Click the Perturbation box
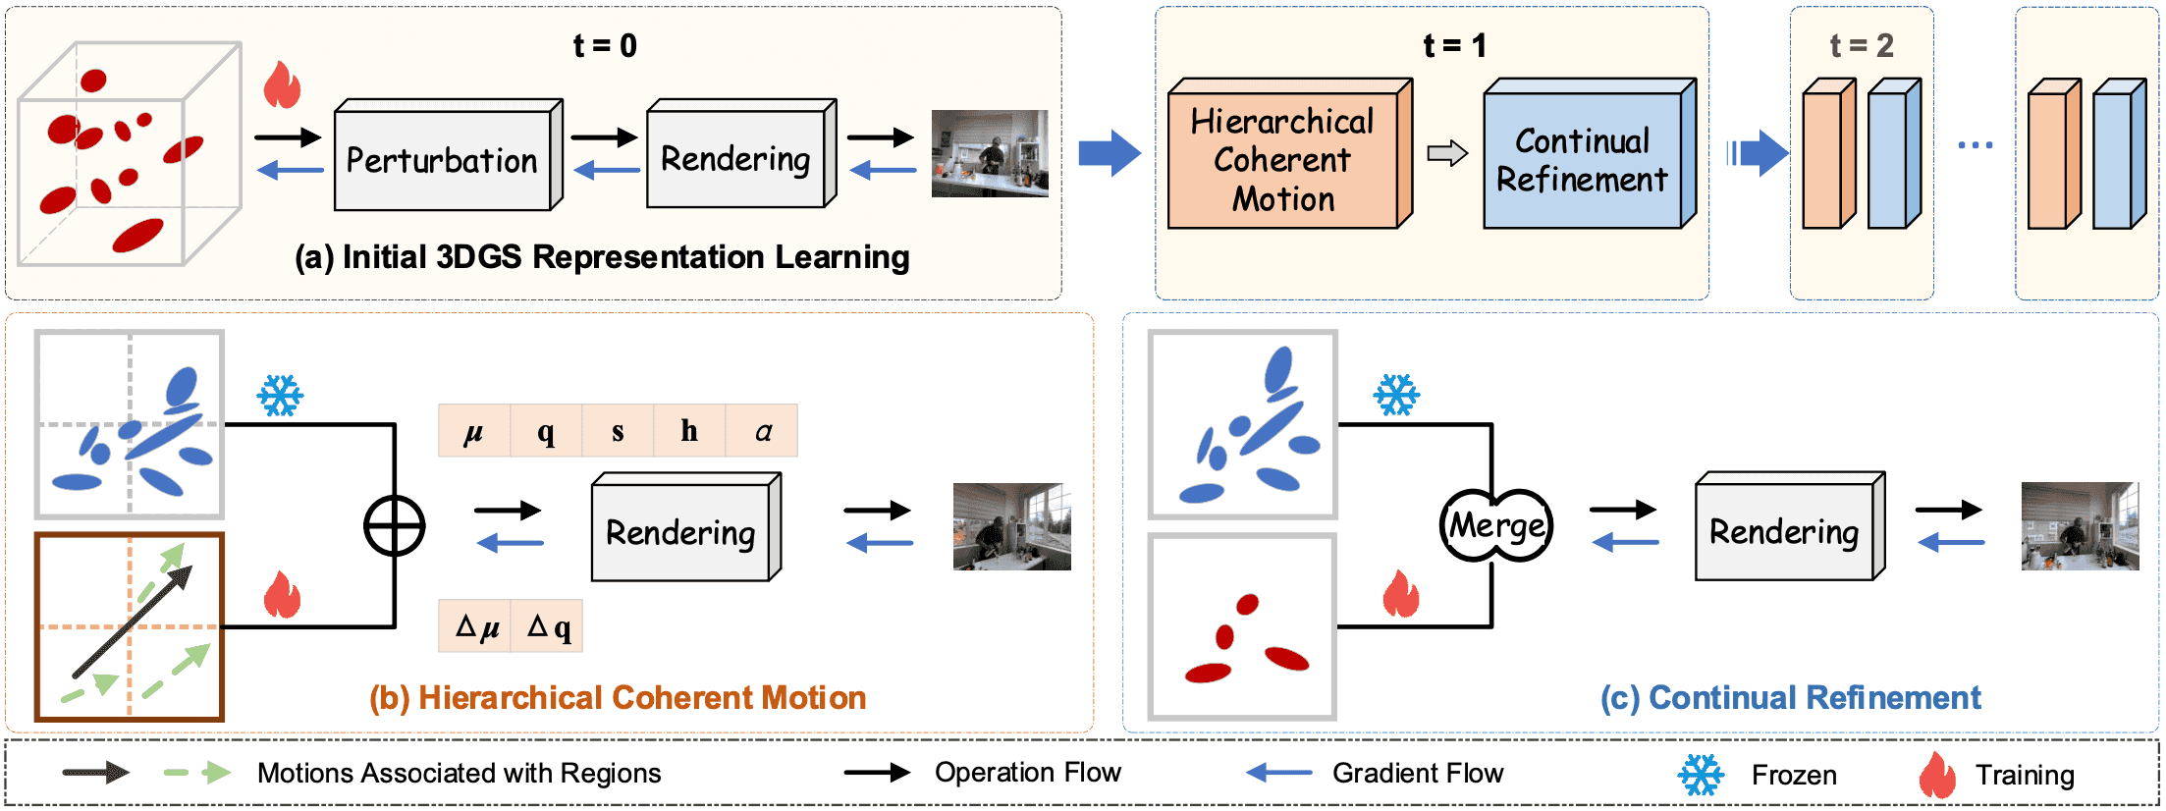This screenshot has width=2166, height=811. coord(443,160)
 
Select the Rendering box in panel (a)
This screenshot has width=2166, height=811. coord(735,158)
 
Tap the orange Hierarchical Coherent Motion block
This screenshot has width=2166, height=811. coord(1282,160)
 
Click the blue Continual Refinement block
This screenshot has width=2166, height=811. coord(1582,160)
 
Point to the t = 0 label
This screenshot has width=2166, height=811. coord(605,45)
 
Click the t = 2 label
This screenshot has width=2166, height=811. coord(1861,45)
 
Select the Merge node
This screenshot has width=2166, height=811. coord(1496,525)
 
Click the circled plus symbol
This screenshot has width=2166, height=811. coord(394,526)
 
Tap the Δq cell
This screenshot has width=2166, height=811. coord(548,626)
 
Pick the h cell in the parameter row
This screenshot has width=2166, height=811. coord(689,430)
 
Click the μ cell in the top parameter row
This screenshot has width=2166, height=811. coord(473,430)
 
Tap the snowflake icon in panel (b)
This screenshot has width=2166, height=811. coord(280,396)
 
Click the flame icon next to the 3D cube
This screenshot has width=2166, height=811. coord(282,85)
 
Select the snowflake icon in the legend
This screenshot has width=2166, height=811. coord(1701,775)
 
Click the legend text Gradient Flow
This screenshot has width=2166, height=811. coord(1417,774)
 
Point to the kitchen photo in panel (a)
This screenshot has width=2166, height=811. coord(990,153)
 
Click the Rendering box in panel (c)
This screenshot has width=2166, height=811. coord(1784,531)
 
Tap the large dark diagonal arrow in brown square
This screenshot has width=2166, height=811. coord(132,622)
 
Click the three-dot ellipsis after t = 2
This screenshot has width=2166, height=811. coord(1975,145)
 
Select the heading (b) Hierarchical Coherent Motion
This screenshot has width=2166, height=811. coord(618,698)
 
